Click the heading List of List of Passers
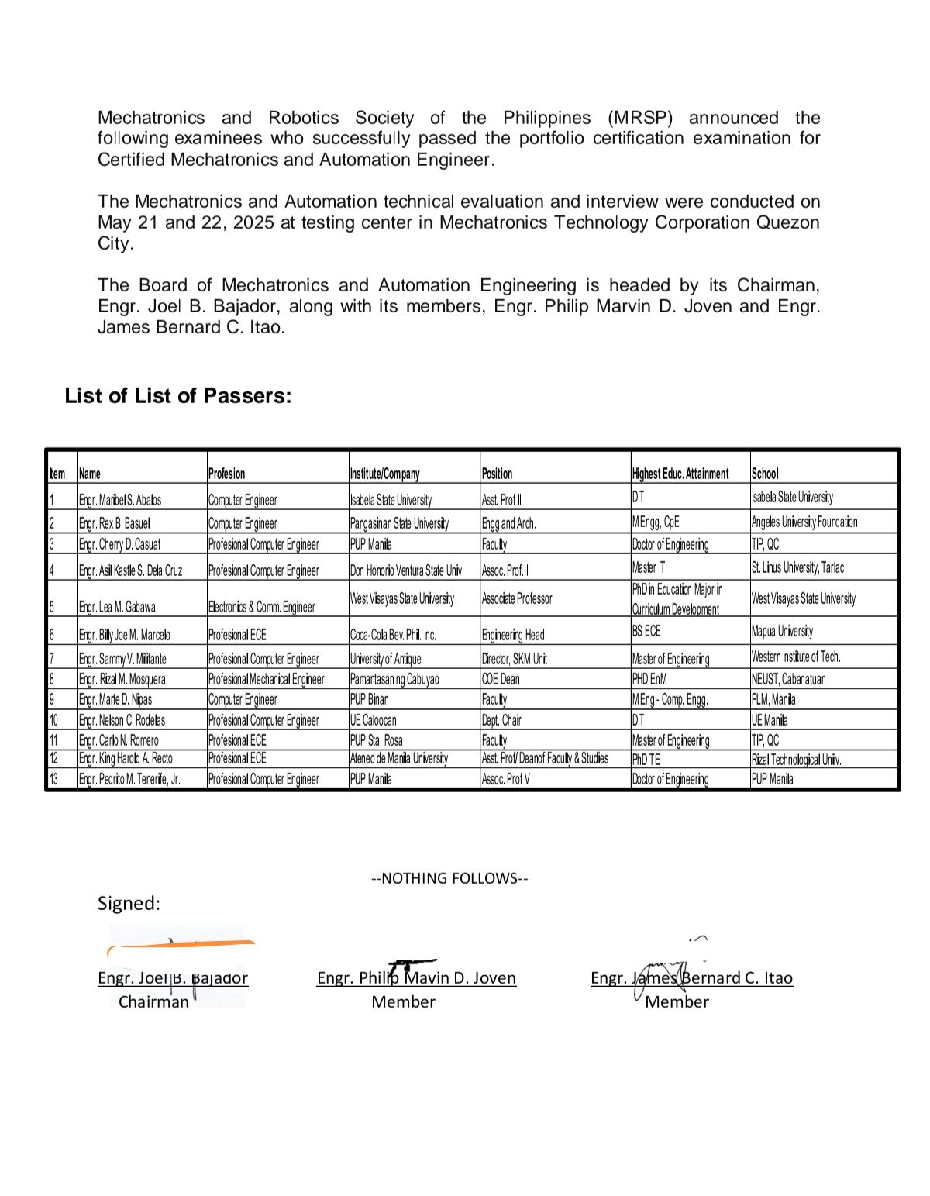coord(178,396)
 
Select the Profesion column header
coord(226,474)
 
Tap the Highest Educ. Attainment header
coord(680,474)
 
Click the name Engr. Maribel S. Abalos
coord(120,500)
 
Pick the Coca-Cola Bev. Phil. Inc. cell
coord(393,635)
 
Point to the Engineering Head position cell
coord(513,635)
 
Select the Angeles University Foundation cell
coord(804,522)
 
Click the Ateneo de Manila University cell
coord(399,758)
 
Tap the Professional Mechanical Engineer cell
coord(266,679)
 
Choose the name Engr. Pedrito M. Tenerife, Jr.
coord(129,779)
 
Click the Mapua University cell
coord(782,631)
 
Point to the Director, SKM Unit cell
coord(515,659)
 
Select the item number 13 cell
coord(53,779)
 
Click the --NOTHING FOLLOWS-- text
coord(449,878)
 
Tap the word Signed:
coord(129,903)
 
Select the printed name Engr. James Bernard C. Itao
coord(691,978)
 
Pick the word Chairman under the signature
coord(153,1001)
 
